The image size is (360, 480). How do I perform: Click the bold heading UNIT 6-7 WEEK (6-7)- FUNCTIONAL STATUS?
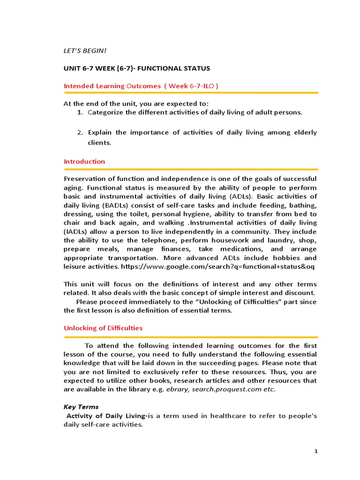[x=137, y=68]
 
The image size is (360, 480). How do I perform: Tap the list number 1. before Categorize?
[x=80, y=112]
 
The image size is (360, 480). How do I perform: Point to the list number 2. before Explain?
[x=80, y=133]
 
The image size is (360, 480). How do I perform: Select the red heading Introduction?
[x=84, y=161]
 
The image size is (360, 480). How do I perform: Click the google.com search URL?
[x=218, y=267]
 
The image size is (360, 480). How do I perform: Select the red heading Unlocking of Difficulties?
[x=103, y=328]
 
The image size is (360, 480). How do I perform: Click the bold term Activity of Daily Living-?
[x=107, y=416]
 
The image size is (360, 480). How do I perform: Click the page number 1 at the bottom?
[x=316, y=451]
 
